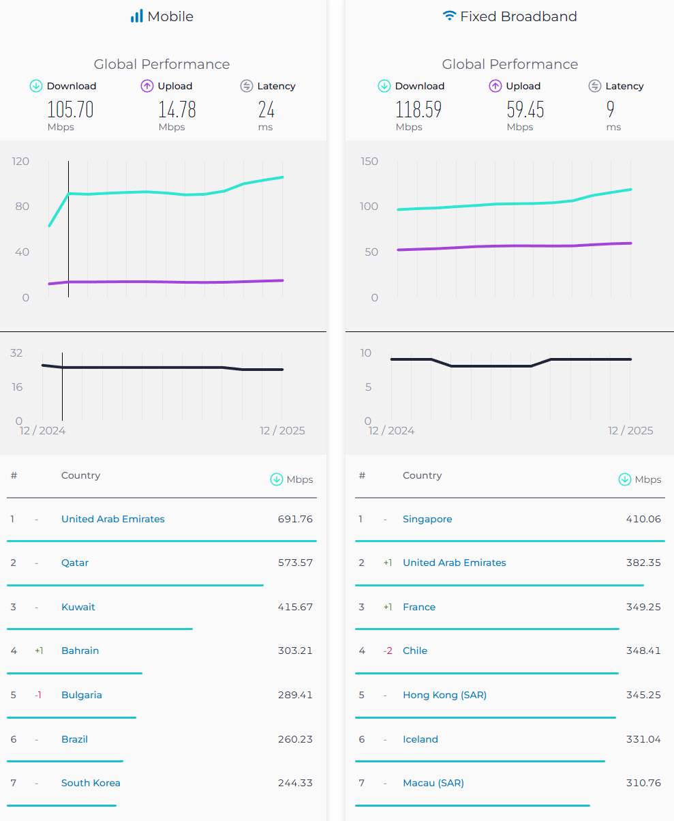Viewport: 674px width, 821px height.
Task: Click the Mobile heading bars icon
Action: coord(137,16)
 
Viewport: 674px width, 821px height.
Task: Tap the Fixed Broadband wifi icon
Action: coord(449,16)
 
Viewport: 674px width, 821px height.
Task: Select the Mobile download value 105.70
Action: coord(70,109)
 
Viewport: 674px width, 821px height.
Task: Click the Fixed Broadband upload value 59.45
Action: coord(525,109)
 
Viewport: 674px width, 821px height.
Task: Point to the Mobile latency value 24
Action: coord(266,109)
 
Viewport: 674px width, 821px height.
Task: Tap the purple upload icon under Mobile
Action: coord(147,86)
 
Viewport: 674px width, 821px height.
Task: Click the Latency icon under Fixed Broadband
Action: coord(595,86)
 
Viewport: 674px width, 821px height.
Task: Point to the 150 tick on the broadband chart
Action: coord(370,161)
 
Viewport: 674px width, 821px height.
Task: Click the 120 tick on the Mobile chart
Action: coord(21,161)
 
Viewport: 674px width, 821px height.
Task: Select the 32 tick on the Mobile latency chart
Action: coord(16,353)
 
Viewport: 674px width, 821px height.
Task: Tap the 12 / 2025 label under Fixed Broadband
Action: coord(630,430)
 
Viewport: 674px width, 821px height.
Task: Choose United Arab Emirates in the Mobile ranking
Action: coord(113,519)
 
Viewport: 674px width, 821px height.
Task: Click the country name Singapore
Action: coord(427,519)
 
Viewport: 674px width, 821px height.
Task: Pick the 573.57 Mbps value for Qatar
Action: coord(295,563)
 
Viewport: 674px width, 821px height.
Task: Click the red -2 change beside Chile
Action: coord(388,651)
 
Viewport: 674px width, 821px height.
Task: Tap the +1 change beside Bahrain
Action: coord(39,651)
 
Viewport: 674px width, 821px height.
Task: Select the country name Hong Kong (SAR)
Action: coord(444,695)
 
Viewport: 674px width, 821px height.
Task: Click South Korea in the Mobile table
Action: coord(91,783)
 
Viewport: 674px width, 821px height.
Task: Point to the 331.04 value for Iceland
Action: coord(643,739)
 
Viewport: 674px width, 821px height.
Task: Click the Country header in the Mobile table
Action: coord(80,475)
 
